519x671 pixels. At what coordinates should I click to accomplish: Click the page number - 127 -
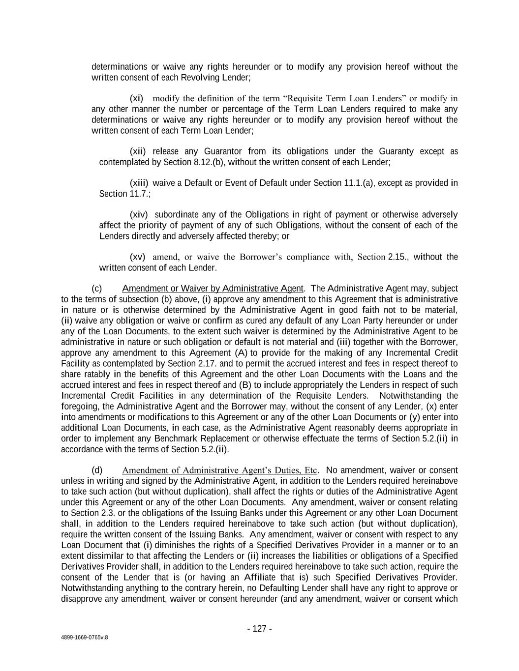[259, 629]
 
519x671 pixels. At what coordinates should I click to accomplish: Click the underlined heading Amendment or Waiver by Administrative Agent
[213, 288]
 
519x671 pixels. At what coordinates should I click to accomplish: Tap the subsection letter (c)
[97, 288]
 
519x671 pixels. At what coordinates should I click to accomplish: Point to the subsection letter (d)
[97, 470]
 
